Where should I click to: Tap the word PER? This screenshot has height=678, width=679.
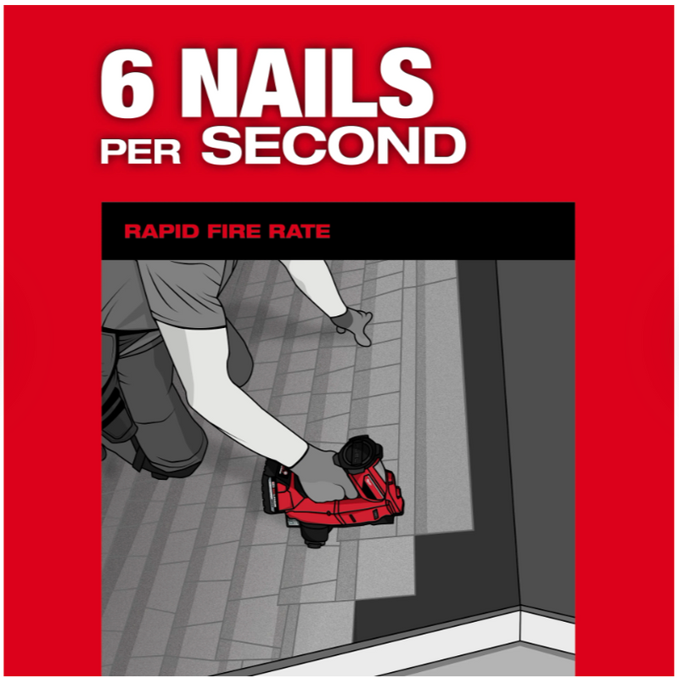pos(140,151)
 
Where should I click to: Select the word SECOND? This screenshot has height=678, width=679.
pos(333,146)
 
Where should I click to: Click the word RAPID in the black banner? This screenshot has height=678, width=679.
pos(162,231)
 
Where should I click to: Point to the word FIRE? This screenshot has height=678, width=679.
pos(235,231)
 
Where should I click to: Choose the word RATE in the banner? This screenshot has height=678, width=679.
pos(300,231)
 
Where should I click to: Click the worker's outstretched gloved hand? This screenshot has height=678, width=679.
pos(353,325)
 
